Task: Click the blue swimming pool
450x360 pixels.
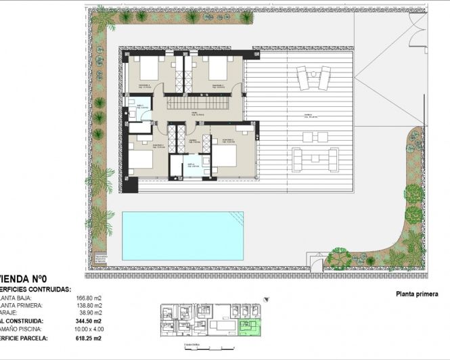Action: [x=183, y=235]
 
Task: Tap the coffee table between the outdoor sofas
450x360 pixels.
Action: [x=315, y=158]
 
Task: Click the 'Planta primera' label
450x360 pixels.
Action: [x=417, y=294]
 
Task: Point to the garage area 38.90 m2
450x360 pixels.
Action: [x=90, y=314]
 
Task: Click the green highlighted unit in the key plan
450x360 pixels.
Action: [x=251, y=328]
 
